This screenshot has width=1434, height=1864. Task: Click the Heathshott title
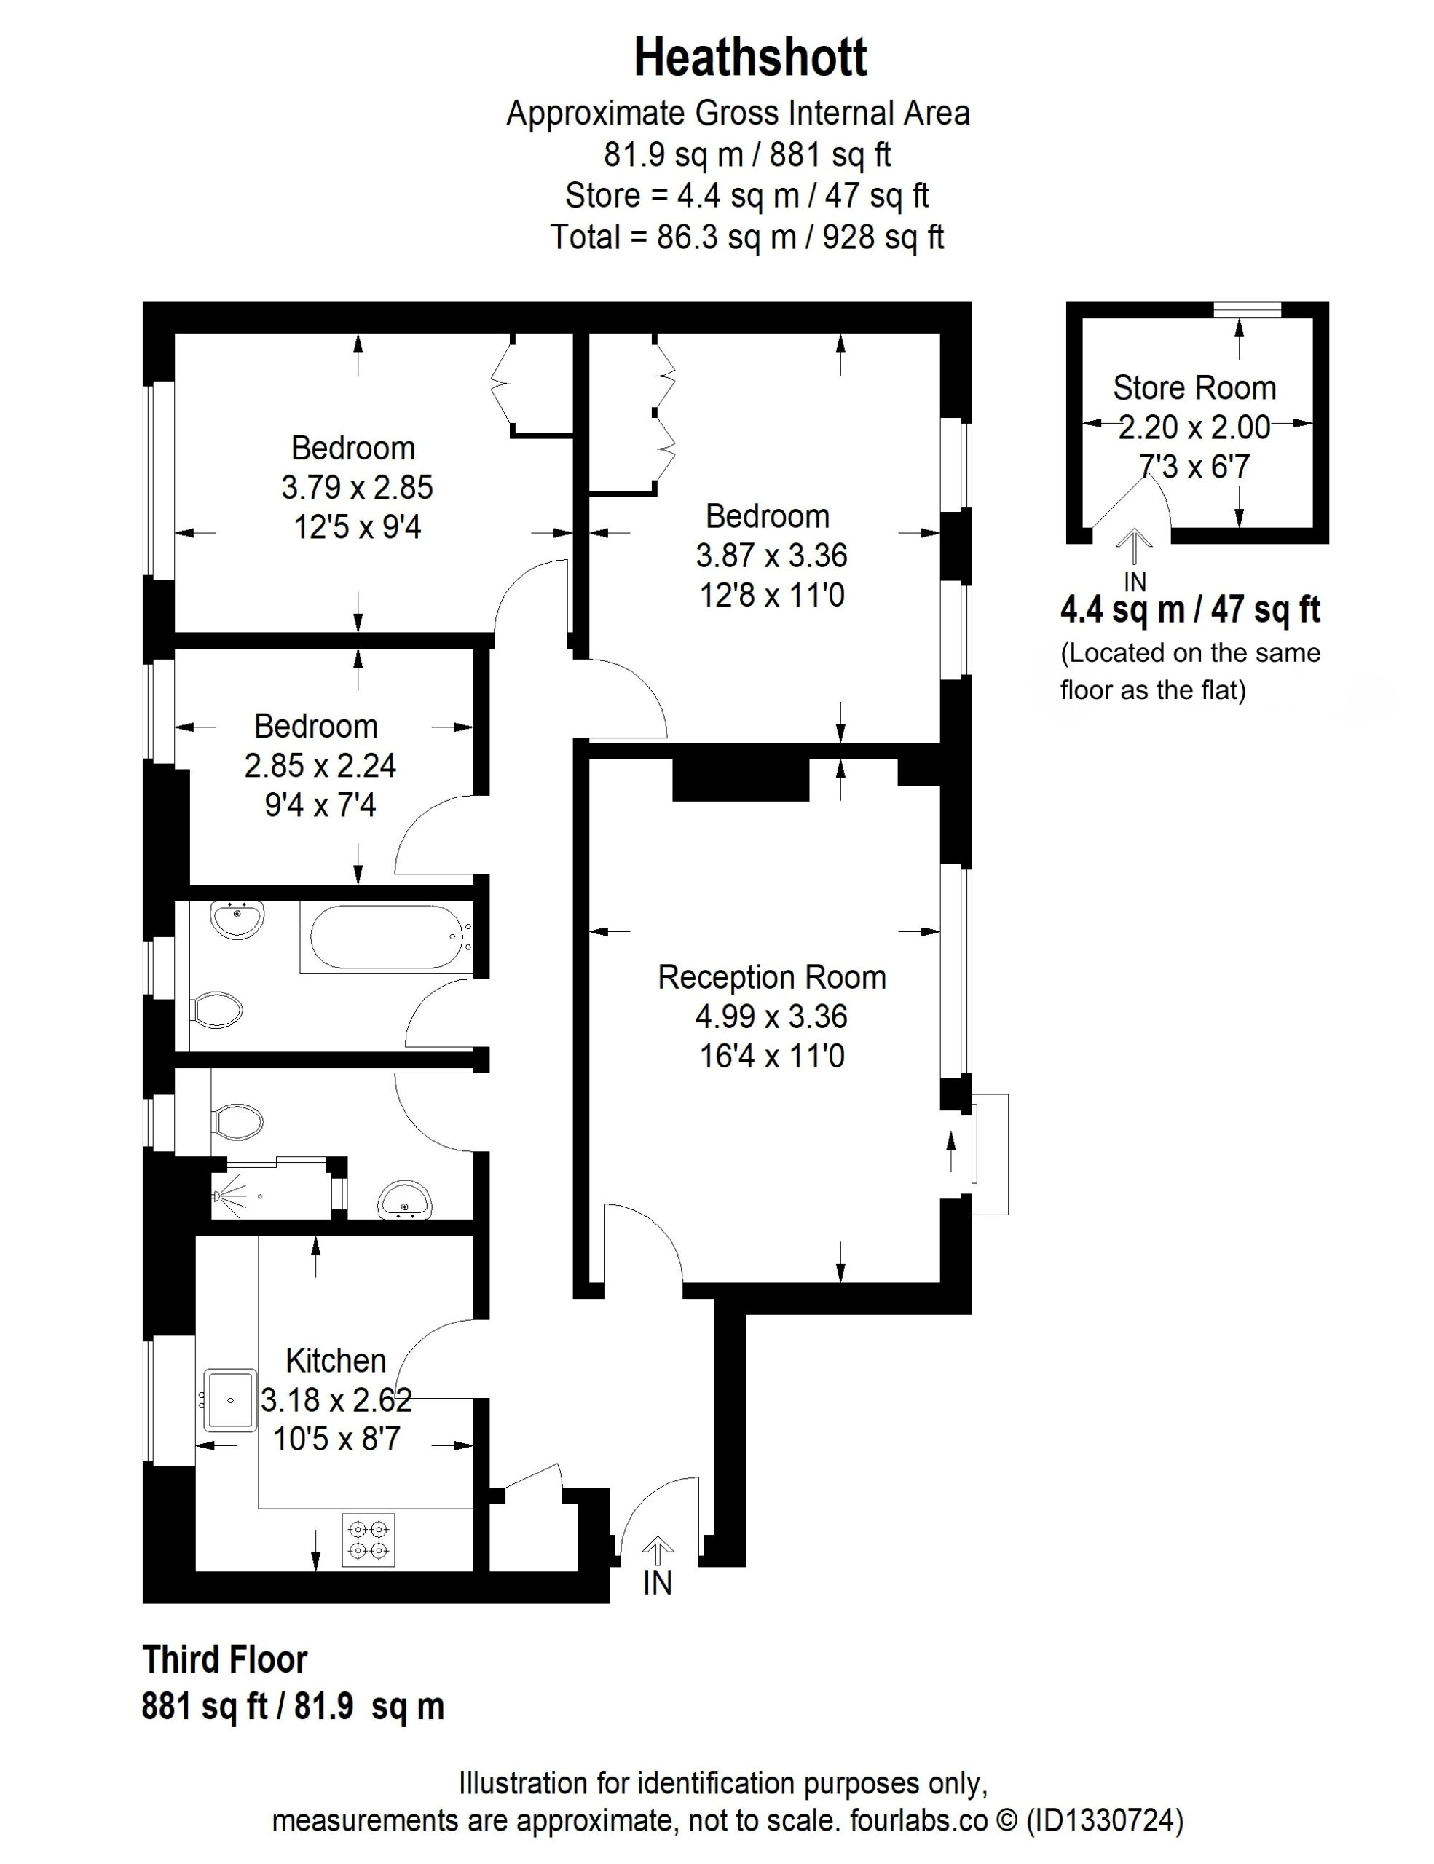[750, 58]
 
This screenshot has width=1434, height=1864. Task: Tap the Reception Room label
[772, 977]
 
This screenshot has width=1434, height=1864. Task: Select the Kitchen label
[336, 1360]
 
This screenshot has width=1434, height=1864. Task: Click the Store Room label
[1194, 388]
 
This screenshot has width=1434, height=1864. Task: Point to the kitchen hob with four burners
[369, 1541]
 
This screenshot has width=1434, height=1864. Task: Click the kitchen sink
[229, 1401]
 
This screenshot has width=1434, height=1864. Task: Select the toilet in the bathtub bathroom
[216, 1010]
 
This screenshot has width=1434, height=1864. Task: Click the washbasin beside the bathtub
[237, 921]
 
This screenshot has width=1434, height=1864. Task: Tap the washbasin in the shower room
[406, 1201]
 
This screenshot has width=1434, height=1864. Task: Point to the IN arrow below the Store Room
[1135, 546]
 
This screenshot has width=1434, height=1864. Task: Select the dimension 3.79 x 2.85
[357, 487]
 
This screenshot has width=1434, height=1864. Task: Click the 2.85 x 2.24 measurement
[320, 765]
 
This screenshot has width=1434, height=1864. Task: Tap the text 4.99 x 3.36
[772, 1016]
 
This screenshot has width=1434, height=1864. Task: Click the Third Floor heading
[224, 1660]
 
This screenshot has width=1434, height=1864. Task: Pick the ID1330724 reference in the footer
[1105, 1820]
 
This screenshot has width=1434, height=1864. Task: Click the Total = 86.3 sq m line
[747, 237]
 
